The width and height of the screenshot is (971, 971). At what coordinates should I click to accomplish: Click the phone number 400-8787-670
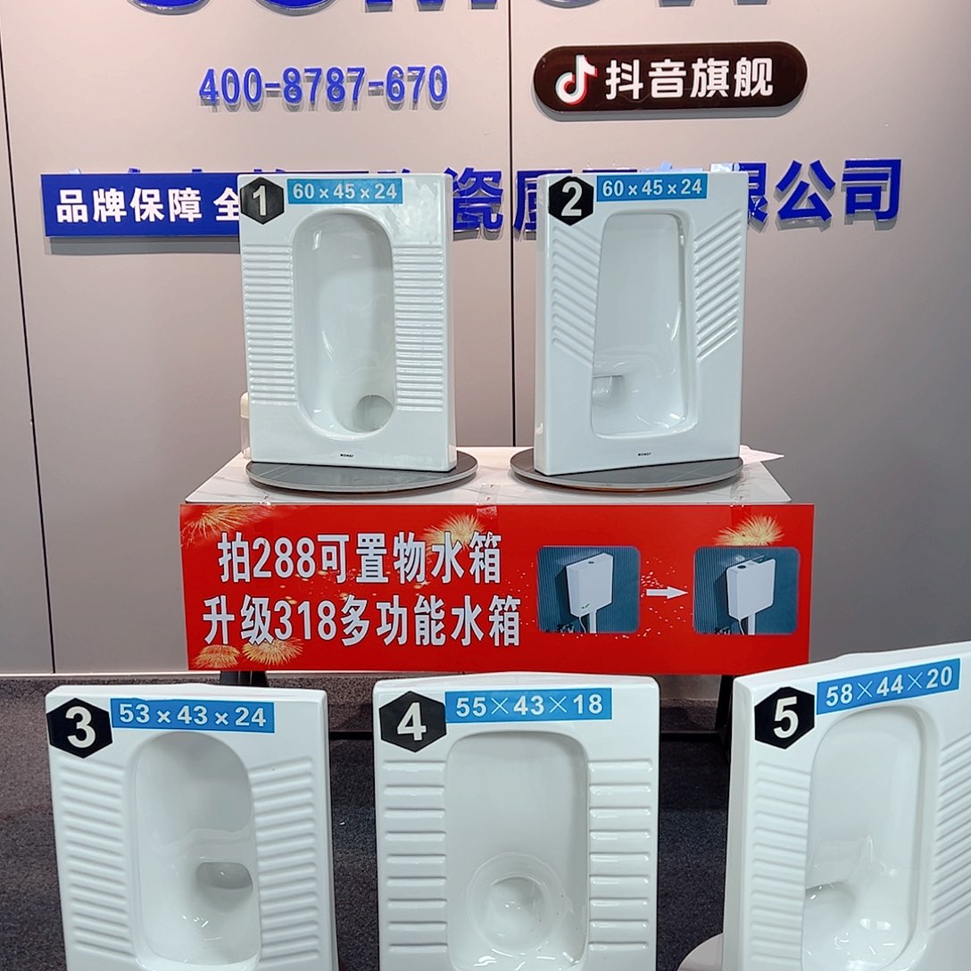point(322,87)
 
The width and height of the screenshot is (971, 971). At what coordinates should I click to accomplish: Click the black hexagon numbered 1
point(261,201)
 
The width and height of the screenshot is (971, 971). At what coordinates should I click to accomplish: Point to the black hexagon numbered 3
point(79,728)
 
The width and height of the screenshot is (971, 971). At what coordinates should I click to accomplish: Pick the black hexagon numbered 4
point(411,721)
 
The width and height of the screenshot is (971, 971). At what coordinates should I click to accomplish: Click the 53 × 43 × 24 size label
point(192,716)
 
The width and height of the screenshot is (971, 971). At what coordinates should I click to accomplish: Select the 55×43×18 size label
point(527,705)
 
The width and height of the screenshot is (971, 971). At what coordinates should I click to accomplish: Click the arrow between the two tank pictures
point(667,592)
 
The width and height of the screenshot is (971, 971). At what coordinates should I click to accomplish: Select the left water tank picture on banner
point(588,590)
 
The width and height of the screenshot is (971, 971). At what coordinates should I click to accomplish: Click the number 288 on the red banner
point(285,560)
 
